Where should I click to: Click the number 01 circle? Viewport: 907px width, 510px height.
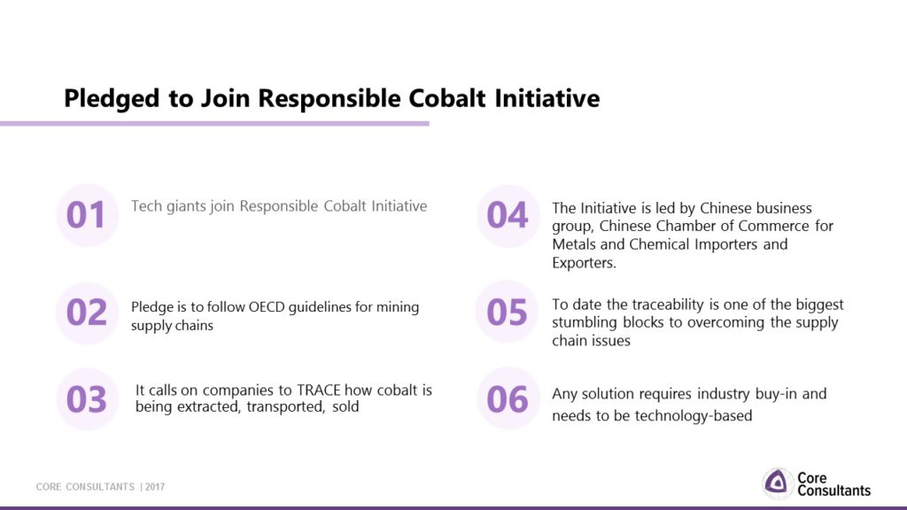pos(88,215)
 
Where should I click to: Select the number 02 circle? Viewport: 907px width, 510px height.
pos(88,313)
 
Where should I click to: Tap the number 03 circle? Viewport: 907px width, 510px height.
pos(88,399)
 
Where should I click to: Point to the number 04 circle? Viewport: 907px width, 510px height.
pos(508,216)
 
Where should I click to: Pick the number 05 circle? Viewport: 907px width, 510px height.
pos(508,313)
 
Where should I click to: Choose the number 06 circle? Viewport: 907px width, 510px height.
pos(508,398)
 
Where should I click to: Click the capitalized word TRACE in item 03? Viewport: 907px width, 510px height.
pos(319,390)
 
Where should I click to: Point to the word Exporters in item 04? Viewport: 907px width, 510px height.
pos(584,263)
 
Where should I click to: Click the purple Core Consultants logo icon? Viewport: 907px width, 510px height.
pos(777,483)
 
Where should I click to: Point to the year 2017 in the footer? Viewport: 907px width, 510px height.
pos(155,487)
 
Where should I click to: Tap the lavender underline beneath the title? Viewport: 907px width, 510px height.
pos(214,123)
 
